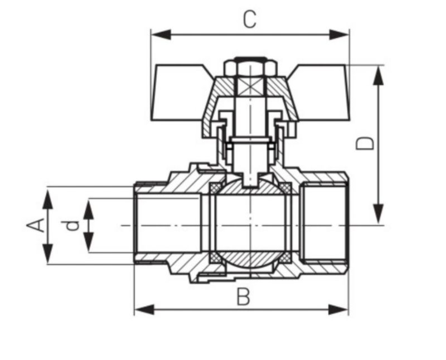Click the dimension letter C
249,19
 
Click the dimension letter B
244,296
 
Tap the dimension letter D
365,143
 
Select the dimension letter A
36,225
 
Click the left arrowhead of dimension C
161,35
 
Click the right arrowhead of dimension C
339,35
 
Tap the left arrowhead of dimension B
144,309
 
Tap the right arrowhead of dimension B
338,309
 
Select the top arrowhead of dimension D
378,76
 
